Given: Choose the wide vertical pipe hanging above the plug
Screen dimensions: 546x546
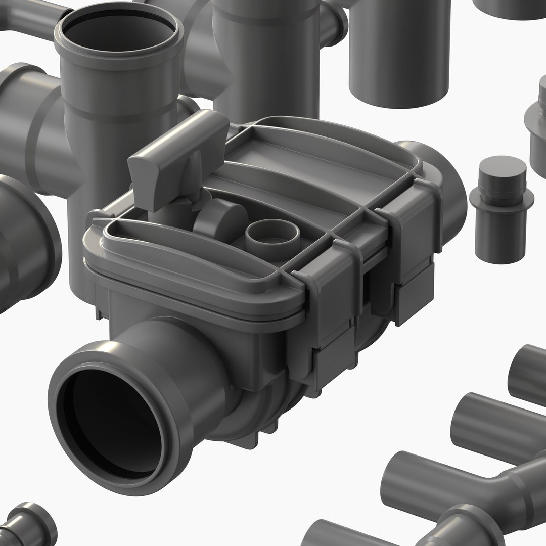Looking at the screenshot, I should tap(399, 51).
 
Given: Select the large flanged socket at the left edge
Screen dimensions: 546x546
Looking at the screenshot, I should tap(25, 243).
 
